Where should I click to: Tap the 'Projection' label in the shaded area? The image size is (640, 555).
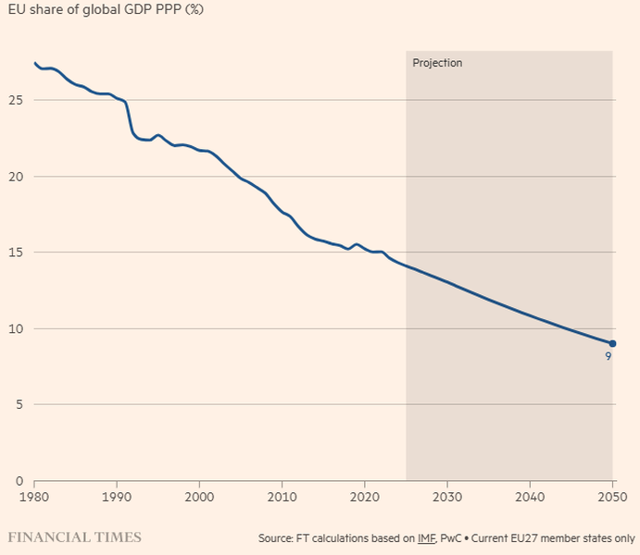437,64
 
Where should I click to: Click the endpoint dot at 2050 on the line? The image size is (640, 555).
612,343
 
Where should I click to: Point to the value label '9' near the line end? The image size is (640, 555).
609,356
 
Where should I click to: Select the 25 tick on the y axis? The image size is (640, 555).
13,100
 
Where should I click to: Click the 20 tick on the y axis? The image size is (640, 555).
13,176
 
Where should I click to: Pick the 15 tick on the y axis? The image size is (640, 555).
13,253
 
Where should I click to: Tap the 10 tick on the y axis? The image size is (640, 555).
13,328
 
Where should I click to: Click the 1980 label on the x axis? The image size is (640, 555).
34,497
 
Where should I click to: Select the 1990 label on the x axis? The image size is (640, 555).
117,497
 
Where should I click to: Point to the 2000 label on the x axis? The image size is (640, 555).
199,497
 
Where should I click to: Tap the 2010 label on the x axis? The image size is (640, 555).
282,497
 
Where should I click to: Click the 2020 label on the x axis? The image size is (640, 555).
365,497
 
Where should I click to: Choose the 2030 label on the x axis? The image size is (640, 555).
447,497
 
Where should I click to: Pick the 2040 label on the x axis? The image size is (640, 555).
530,497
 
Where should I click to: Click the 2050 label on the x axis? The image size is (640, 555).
612,497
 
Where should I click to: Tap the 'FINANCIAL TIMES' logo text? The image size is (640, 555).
74,536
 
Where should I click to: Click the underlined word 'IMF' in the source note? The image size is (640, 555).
427,537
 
